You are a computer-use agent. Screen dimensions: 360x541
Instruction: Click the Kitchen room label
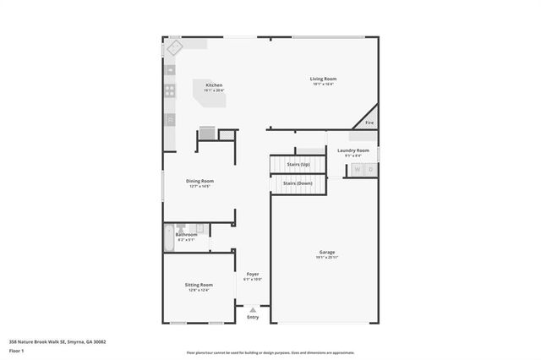pos(214,85)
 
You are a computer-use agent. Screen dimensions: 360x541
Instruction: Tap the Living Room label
pos(324,79)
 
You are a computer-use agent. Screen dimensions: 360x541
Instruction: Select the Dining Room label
pos(200,181)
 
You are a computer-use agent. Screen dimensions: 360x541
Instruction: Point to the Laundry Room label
pos(352,150)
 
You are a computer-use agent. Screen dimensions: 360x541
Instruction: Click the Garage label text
pos(326,253)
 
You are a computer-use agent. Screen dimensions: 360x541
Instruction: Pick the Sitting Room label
pos(199,286)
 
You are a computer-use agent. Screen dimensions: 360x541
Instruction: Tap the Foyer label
pos(253,274)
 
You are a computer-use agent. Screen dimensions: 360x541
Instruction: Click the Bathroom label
pos(186,235)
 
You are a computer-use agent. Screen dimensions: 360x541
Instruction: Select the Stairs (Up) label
pos(298,164)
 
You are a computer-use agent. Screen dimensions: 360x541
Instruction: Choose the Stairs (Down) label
pos(298,183)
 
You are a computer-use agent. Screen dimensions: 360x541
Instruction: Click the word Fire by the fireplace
pos(369,123)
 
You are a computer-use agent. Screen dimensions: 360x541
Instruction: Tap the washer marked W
pos(357,170)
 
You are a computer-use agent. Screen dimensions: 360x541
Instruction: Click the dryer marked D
pos(370,170)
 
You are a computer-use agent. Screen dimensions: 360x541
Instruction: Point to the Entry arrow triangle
pos(253,310)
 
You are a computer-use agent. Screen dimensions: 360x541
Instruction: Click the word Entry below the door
pos(253,318)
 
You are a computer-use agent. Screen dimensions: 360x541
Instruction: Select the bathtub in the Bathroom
pos(169,237)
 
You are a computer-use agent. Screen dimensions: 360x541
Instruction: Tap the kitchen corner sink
pos(172,47)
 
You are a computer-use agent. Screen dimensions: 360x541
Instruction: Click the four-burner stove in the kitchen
pos(170,89)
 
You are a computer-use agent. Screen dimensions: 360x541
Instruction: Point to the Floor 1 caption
pos(16,352)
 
